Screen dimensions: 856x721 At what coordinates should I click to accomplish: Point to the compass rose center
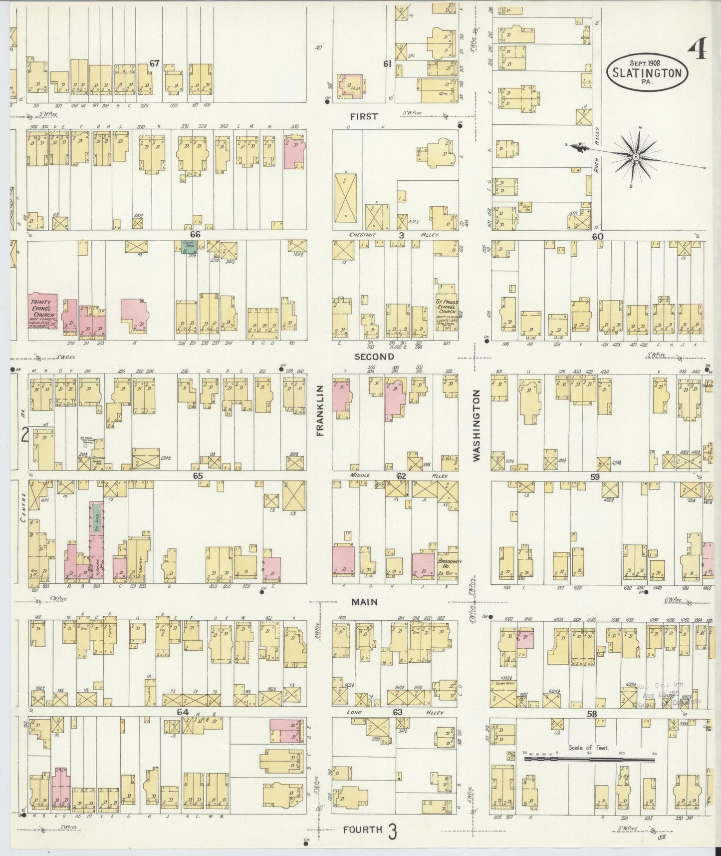[x=636, y=157]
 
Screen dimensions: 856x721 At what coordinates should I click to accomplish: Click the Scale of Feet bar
[x=589, y=760]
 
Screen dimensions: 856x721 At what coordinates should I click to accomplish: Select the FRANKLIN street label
[x=320, y=411]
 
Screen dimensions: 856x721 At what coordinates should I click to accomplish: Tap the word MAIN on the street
[x=364, y=602]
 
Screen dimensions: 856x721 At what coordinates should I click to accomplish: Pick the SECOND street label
[x=374, y=357]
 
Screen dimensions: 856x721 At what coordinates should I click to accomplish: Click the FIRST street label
[x=364, y=116]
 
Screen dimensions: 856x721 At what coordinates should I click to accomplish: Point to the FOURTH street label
[x=363, y=830]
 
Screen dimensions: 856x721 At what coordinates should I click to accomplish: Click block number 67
[x=154, y=63]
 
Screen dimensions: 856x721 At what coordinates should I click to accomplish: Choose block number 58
[x=592, y=714]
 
